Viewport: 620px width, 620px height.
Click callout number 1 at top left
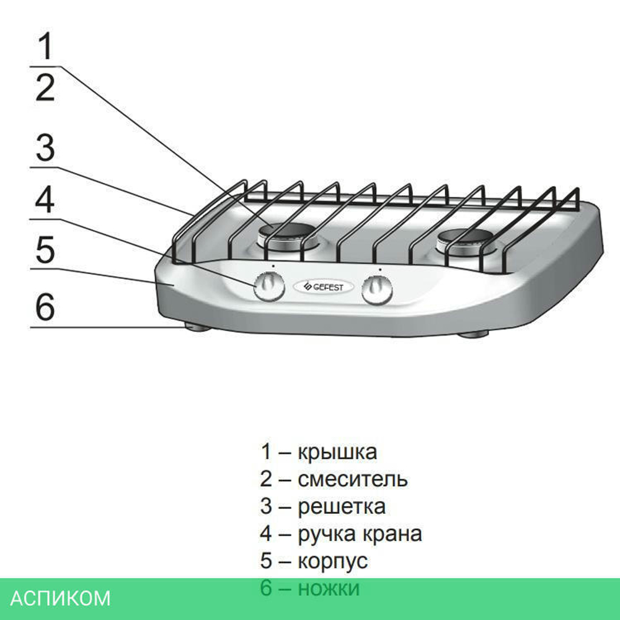[46, 46]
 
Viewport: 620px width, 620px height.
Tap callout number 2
[45, 87]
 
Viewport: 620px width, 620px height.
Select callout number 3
[45, 148]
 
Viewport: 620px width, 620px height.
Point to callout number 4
[45, 200]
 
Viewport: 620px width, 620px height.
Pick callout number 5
[45, 250]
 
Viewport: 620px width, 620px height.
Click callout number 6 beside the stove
[45, 308]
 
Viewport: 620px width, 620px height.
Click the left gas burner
[286, 236]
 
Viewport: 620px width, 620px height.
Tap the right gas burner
[469, 239]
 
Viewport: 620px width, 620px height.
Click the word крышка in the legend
[337, 452]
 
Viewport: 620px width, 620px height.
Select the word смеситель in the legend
[353, 479]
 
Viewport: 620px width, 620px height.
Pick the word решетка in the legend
[342, 507]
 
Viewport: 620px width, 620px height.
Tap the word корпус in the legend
[333, 561]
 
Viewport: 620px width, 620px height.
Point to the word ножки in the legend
[329, 588]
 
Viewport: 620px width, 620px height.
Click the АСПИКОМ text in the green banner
[61, 598]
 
